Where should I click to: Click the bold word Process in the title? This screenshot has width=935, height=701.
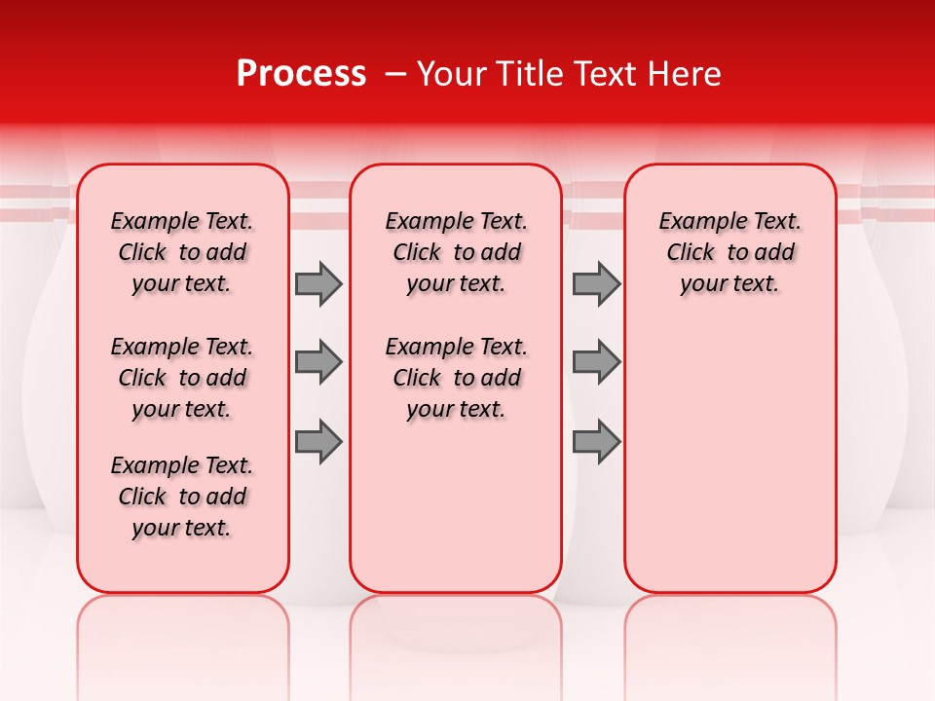pyautogui.click(x=301, y=74)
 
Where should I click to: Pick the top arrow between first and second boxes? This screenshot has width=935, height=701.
pyautogui.click(x=318, y=283)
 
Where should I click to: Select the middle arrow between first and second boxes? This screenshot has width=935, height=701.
pyautogui.click(x=318, y=362)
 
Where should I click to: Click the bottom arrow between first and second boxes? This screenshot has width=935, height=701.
pyautogui.click(x=318, y=442)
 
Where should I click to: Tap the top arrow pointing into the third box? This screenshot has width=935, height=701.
pyautogui.click(x=596, y=283)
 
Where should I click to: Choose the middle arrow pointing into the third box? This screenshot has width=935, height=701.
pyautogui.click(x=596, y=362)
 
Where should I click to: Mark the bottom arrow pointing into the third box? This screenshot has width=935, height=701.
pyautogui.click(x=596, y=442)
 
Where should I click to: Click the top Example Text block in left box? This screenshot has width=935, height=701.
pyautogui.click(x=182, y=252)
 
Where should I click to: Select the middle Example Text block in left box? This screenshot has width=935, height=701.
pyautogui.click(x=182, y=378)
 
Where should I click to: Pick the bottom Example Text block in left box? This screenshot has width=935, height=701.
pyautogui.click(x=182, y=497)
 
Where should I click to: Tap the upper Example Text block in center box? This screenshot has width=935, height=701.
pyautogui.click(x=456, y=252)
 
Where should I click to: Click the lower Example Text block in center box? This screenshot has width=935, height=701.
pyautogui.click(x=456, y=378)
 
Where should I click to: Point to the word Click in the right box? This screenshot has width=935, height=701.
pyautogui.click(x=691, y=253)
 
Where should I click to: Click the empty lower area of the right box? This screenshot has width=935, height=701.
pyautogui.click(x=729, y=458)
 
